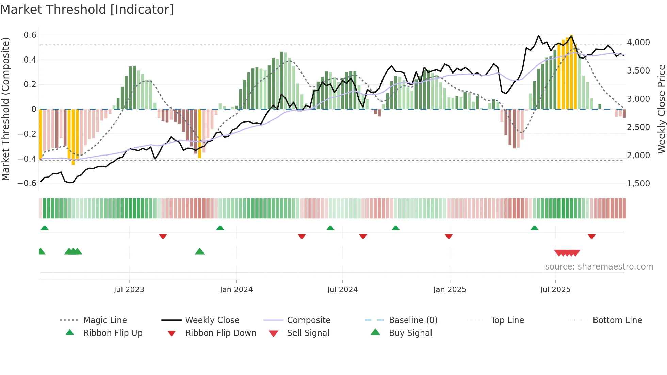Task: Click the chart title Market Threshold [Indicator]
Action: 87,10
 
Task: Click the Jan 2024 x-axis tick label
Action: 236,289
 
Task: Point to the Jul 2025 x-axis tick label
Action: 555,289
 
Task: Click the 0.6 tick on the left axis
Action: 30,35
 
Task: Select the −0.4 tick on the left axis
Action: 27,159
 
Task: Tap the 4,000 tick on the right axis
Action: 638,43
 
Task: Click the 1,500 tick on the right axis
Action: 638,183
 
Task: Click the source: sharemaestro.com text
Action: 599,266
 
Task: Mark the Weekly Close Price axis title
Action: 661,109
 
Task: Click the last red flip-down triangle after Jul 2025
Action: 591,236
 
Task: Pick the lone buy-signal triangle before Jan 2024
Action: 200,251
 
